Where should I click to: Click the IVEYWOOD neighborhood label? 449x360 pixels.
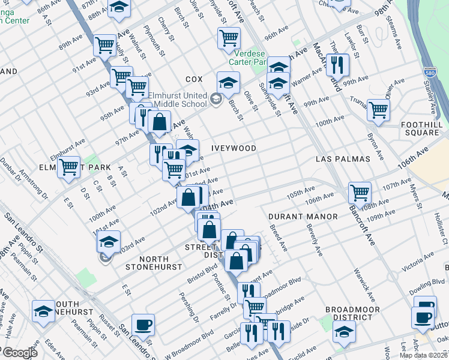point(234,148)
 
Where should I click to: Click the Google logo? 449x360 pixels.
point(19,352)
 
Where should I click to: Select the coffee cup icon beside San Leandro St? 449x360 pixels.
point(143,325)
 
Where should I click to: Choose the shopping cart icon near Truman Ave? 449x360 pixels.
point(378,109)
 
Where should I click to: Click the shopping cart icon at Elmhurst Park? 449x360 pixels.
point(69,167)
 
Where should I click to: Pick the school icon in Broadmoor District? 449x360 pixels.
point(344,331)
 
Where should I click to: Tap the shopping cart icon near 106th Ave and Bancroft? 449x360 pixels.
point(360,192)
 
